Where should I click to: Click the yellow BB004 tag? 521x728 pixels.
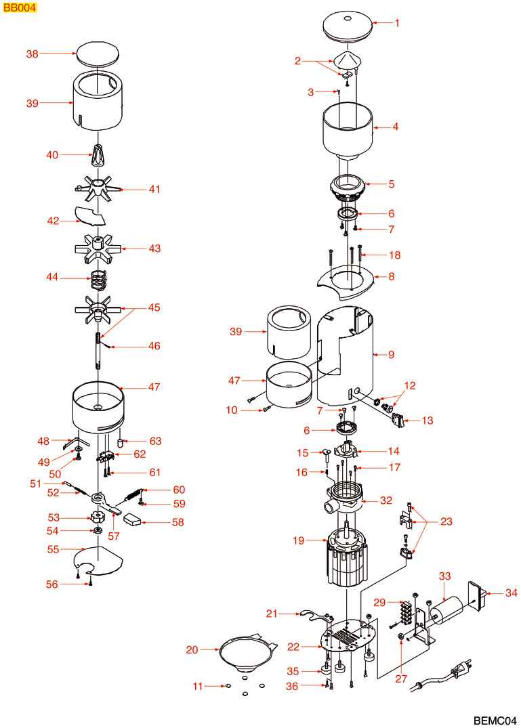[18, 7]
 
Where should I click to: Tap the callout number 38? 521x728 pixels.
[33, 53]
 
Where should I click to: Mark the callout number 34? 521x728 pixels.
[512, 593]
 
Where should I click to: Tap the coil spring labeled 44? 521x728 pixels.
[100, 278]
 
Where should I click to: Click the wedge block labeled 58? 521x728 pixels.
[133, 521]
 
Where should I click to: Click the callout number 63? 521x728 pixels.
[156, 441]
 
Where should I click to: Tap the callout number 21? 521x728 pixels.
[272, 614]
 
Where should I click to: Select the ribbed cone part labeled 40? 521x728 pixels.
[98, 157]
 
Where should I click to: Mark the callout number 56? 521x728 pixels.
[52, 584]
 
